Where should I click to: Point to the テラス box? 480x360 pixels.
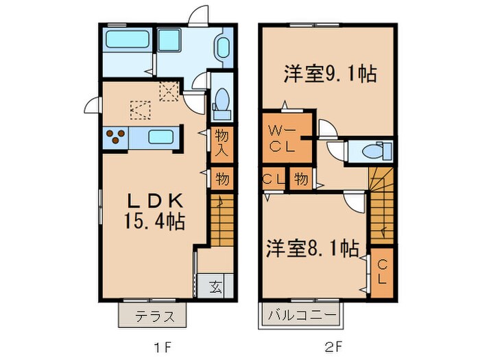(152, 316)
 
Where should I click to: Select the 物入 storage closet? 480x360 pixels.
(221, 143)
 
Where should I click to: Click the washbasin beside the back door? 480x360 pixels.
(224, 48)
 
